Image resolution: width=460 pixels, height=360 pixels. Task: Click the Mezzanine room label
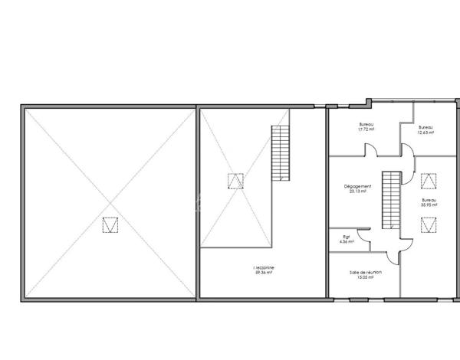coord(264,267)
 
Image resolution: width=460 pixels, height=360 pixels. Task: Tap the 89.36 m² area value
coord(264,272)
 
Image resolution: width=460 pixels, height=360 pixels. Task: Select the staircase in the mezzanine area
coord(281,153)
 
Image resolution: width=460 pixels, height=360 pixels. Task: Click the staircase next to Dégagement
coord(391,199)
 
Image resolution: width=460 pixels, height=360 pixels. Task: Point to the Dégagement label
coord(358,186)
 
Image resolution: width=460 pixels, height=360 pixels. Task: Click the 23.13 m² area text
coord(358,191)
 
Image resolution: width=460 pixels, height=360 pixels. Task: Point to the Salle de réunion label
coord(365,273)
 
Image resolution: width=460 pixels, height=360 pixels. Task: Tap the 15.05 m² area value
coord(365,278)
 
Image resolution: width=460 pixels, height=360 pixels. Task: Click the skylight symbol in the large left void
coord(111,224)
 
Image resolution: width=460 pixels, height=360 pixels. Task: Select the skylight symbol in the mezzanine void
coord(235,181)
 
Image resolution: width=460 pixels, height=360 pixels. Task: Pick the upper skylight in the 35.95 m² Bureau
coord(428,179)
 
